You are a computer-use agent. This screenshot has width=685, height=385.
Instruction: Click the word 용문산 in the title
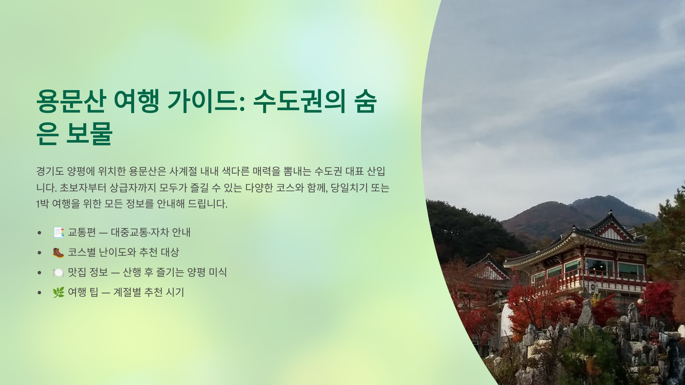point(71,101)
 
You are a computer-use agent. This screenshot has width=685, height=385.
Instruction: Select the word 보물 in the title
point(89,133)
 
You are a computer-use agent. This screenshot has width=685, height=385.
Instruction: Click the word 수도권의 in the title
point(299,101)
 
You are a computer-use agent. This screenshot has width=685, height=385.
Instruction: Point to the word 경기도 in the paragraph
point(50,171)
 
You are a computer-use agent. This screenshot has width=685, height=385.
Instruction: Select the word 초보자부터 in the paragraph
point(83,188)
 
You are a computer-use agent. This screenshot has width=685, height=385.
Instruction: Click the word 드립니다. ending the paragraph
point(207,204)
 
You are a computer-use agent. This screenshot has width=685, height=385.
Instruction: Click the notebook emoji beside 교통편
point(59,232)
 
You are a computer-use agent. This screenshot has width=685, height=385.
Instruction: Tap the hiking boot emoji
point(59,252)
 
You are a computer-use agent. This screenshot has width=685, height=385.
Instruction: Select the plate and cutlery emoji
point(59,273)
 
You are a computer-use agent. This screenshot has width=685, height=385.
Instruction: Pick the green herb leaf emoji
point(59,292)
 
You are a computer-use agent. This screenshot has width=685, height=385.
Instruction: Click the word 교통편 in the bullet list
point(82,232)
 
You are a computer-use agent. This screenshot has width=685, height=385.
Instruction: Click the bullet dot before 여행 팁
point(39,293)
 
